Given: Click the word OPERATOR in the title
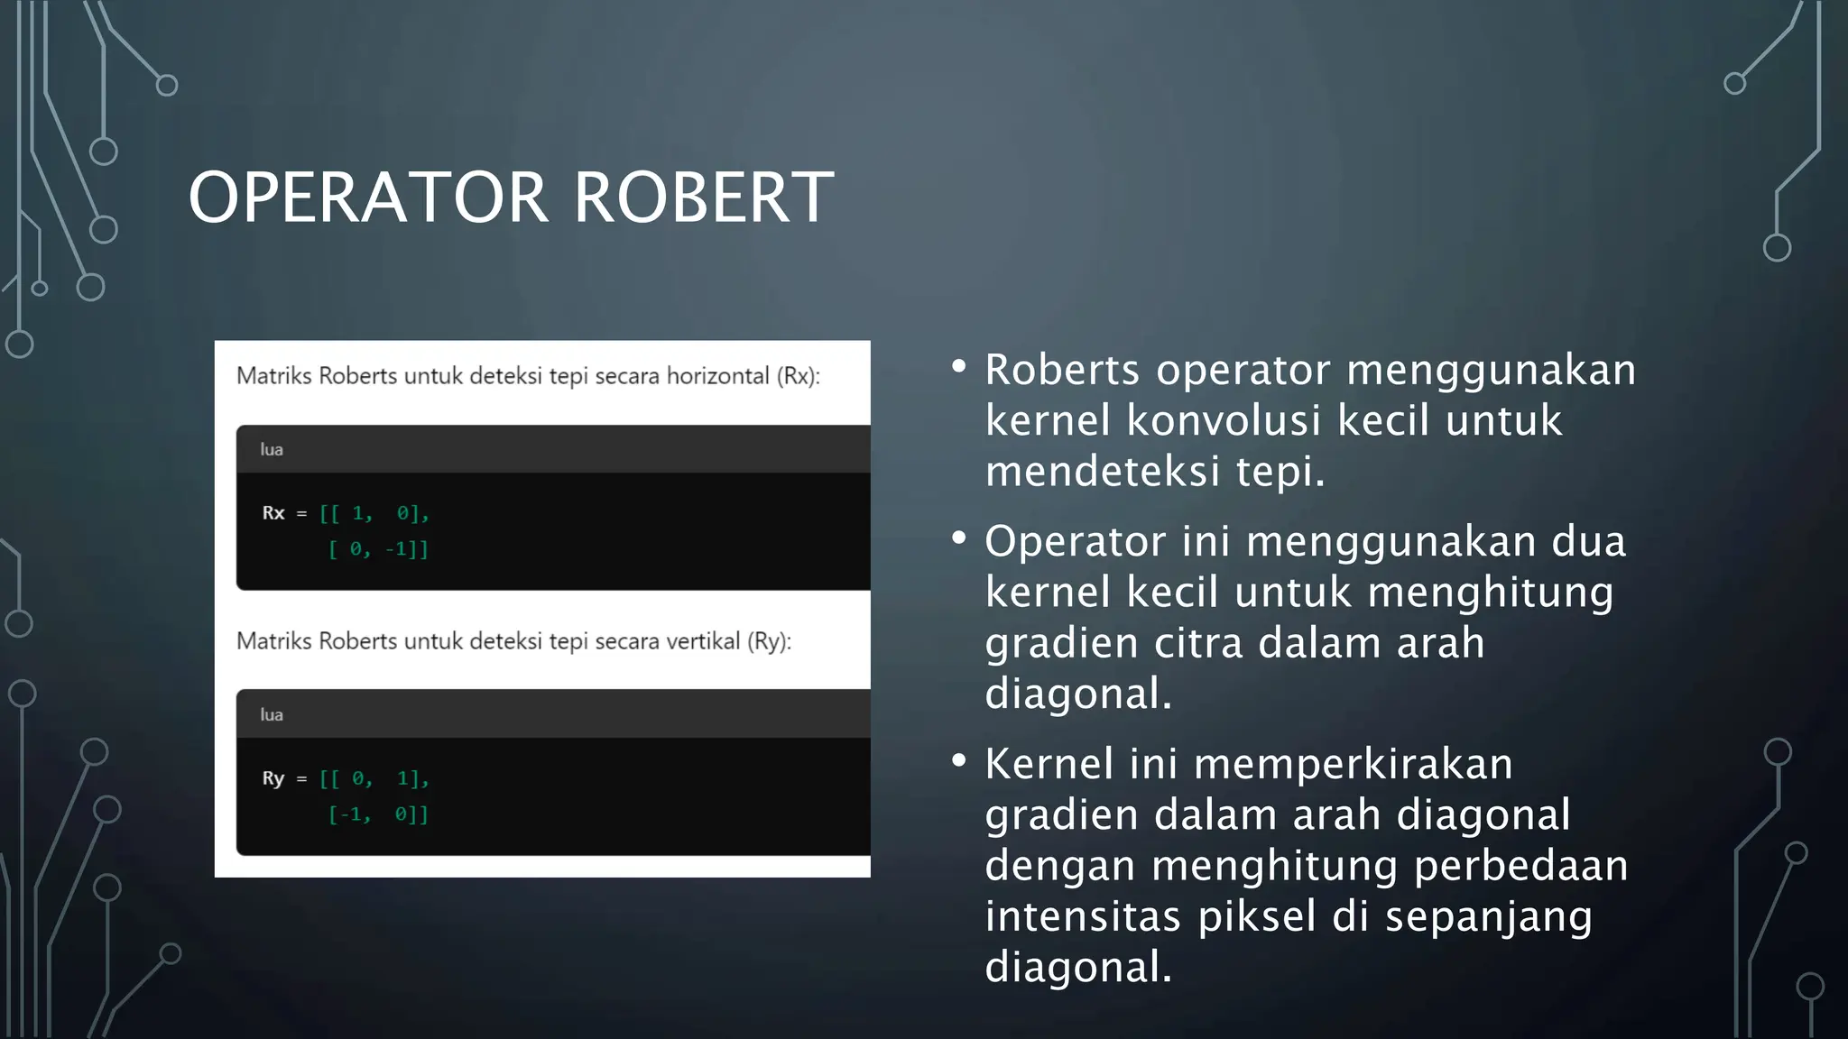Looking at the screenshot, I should tap(368, 198).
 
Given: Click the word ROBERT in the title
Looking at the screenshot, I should tap(704, 198).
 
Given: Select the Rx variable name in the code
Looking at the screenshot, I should tap(273, 513).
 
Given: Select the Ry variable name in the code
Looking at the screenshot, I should tap(273, 778).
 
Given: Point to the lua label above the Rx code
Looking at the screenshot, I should tap(272, 449).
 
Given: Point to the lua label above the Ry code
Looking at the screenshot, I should tap(272, 714).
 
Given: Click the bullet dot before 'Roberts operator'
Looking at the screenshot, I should tap(959, 366).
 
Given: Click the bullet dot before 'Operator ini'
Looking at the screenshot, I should tap(959, 538).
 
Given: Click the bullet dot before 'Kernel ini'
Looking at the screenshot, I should tap(959, 761).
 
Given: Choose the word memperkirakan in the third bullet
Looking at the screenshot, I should tap(1353, 765).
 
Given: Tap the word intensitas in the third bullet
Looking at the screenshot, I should tap(1083, 916).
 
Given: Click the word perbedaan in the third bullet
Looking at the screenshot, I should tap(1520, 866).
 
